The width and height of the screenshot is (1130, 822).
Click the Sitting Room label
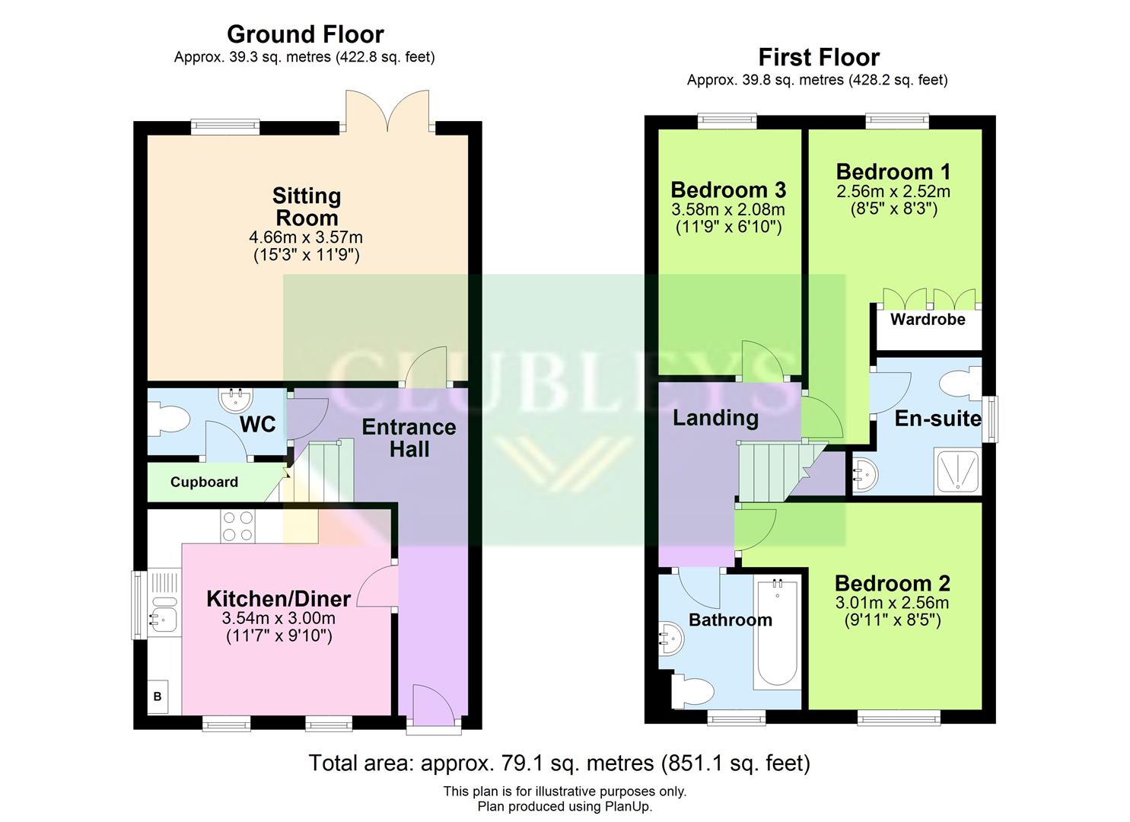(307, 207)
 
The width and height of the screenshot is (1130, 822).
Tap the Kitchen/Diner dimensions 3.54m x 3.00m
(279, 618)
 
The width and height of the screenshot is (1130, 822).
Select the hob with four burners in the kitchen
(237, 526)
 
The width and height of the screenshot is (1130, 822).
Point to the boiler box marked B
(158, 696)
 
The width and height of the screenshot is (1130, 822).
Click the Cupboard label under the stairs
(204, 482)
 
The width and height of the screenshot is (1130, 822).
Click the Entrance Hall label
(409, 438)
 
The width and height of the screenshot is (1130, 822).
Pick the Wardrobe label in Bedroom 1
(928, 320)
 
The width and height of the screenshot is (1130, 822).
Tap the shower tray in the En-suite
(957, 472)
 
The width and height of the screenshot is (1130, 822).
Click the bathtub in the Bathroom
(777, 634)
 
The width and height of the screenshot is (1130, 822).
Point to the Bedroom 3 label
(728, 190)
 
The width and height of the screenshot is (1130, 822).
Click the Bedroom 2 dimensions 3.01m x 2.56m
(893, 604)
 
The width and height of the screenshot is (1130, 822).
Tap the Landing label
(715, 418)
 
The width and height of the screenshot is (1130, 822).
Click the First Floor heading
(819, 58)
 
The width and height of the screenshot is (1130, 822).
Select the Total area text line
(559, 763)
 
